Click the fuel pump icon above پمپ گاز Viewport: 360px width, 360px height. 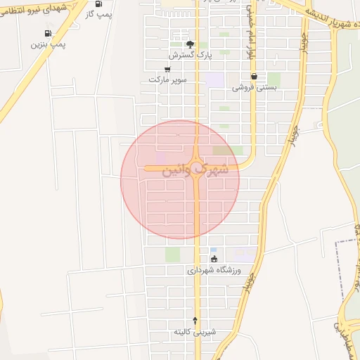[x=98, y=4]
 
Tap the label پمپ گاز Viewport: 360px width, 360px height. [x=99, y=14]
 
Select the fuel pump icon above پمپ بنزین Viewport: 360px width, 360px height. [x=48, y=33]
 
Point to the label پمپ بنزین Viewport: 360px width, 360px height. [x=48, y=44]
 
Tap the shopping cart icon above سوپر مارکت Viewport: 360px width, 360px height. [x=167, y=69]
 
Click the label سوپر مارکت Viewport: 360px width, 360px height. [x=167, y=79]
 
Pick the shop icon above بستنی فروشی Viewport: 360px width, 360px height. [x=253, y=77]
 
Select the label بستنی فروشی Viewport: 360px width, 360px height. [x=252, y=88]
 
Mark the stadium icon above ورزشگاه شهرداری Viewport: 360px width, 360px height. [x=214, y=259]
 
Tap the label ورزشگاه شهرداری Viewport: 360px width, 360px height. [x=214, y=270]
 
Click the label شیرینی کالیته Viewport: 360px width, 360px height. [x=196, y=331]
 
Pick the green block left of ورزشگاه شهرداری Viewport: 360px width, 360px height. [x=172, y=255]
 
